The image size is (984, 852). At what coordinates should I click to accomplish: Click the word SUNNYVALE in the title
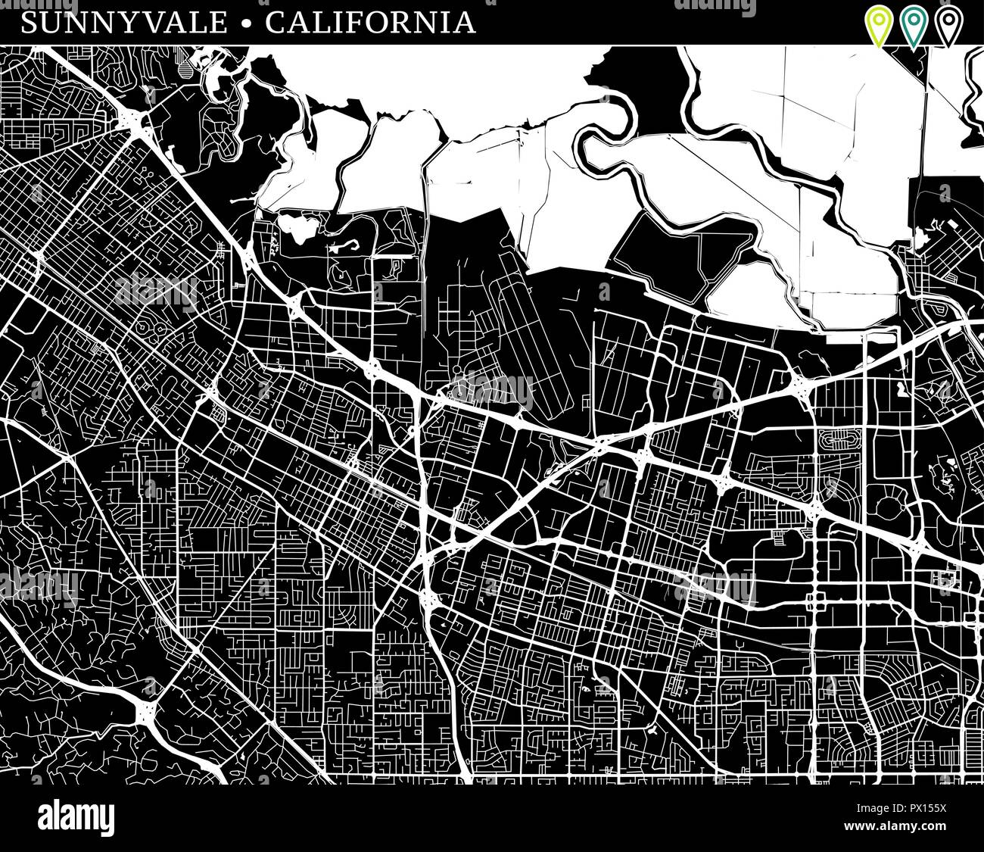124,22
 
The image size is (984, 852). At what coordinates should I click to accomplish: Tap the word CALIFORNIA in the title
370,22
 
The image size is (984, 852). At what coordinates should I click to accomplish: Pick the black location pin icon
946,24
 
